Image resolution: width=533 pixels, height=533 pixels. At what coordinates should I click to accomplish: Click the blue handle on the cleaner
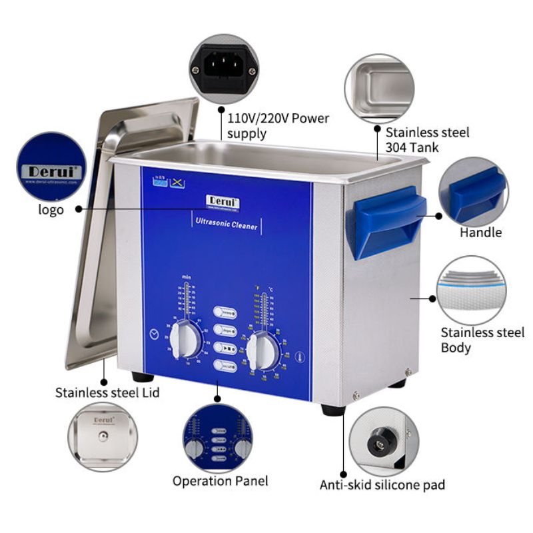pyautogui.click(x=387, y=220)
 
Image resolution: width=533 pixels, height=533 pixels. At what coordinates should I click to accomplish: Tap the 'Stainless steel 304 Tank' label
pyautogui.click(x=427, y=139)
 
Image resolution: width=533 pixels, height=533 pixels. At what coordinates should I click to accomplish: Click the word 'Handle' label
pyautogui.click(x=480, y=233)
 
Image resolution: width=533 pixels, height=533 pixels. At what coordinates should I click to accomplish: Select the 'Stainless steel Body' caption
pyautogui.click(x=482, y=340)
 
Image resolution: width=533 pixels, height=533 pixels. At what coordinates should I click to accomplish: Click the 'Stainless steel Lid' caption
pyautogui.click(x=107, y=392)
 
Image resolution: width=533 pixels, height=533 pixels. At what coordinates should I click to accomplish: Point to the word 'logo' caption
pyautogui.click(x=51, y=210)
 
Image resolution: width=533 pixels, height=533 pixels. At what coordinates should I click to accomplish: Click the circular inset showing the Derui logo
pyautogui.click(x=51, y=166)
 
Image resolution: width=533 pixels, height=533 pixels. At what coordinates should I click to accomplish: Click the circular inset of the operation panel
pyautogui.click(x=218, y=436)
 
